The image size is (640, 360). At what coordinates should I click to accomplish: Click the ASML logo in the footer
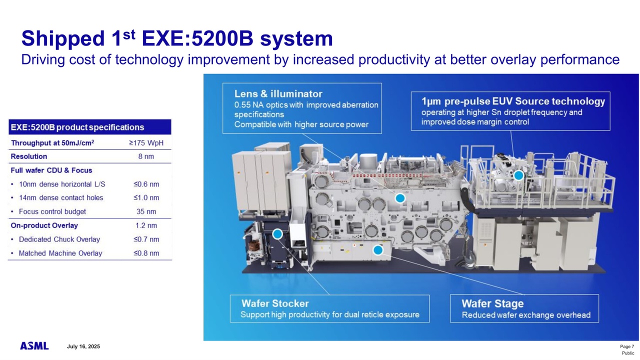[34, 346]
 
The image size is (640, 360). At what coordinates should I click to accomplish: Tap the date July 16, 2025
[83, 346]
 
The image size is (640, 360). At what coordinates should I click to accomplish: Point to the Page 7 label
[626, 346]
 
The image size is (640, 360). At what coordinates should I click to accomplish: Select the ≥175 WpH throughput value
[146, 143]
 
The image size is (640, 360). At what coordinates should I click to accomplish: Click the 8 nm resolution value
[146, 156]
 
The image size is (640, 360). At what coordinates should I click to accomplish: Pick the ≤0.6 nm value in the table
[146, 184]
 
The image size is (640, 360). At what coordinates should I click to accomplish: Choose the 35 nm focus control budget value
[146, 211]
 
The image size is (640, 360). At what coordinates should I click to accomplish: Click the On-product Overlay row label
[44, 225]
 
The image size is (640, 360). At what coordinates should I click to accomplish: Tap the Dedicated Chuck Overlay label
[59, 239]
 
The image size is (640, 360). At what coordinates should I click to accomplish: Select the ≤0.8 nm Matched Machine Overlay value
[146, 253]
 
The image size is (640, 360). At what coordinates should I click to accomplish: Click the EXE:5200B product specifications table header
[77, 127]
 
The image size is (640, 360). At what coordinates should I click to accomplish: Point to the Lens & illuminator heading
[278, 93]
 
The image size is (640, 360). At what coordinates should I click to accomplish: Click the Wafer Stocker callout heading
[275, 303]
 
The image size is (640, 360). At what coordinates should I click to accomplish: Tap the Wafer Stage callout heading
[492, 303]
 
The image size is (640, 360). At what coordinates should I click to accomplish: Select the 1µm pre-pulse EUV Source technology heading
[513, 101]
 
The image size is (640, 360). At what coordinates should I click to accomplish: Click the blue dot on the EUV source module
[518, 175]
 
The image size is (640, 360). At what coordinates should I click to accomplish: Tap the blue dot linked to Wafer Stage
[378, 249]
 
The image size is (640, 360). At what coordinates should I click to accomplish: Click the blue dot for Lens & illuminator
[399, 198]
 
